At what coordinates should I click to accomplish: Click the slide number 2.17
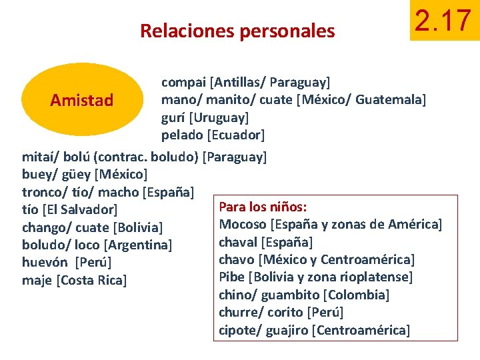pos(443,21)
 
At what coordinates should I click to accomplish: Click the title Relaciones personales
pos(237,31)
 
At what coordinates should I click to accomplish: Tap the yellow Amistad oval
pos(82,100)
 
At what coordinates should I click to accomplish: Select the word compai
pos(183,83)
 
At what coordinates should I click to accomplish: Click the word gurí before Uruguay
pos(173,117)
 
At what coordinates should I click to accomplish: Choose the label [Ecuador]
pos(236,135)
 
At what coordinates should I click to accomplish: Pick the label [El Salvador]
pos(80,210)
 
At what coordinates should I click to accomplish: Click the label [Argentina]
pos(139,245)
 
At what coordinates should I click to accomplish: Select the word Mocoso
pos(243,224)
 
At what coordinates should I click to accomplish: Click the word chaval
pos(238,241)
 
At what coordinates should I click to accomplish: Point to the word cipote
pos(237,329)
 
